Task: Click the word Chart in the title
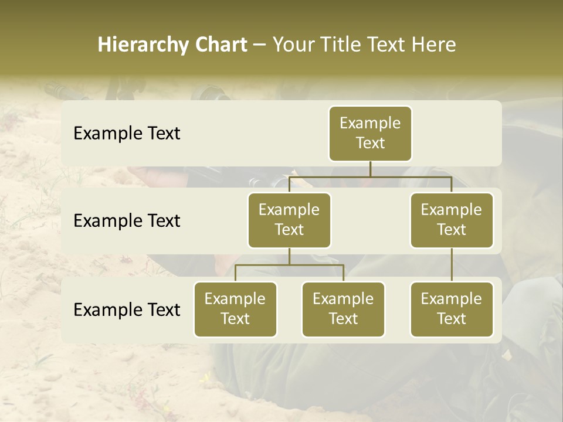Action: click(x=221, y=45)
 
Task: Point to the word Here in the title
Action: click(x=434, y=45)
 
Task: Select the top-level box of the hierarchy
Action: click(x=370, y=133)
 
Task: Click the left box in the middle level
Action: click(x=289, y=220)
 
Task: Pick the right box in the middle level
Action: click(x=452, y=220)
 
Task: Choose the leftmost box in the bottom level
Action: click(x=235, y=309)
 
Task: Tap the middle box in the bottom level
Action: click(x=343, y=309)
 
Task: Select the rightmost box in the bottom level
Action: click(x=452, y=309)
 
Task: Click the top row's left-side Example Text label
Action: click(x=127, y=134)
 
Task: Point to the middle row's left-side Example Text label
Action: click(x=127, y=221)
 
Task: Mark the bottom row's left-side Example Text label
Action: click(x=127, y=310)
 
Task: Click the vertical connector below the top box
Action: click(x=370, y=168)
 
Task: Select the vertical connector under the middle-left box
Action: click(x=289, y=256)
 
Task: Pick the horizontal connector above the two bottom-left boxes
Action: click(x=289, y=265)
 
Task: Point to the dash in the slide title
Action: click(x=260, y=45)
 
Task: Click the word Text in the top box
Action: click(x=370, y=143)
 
